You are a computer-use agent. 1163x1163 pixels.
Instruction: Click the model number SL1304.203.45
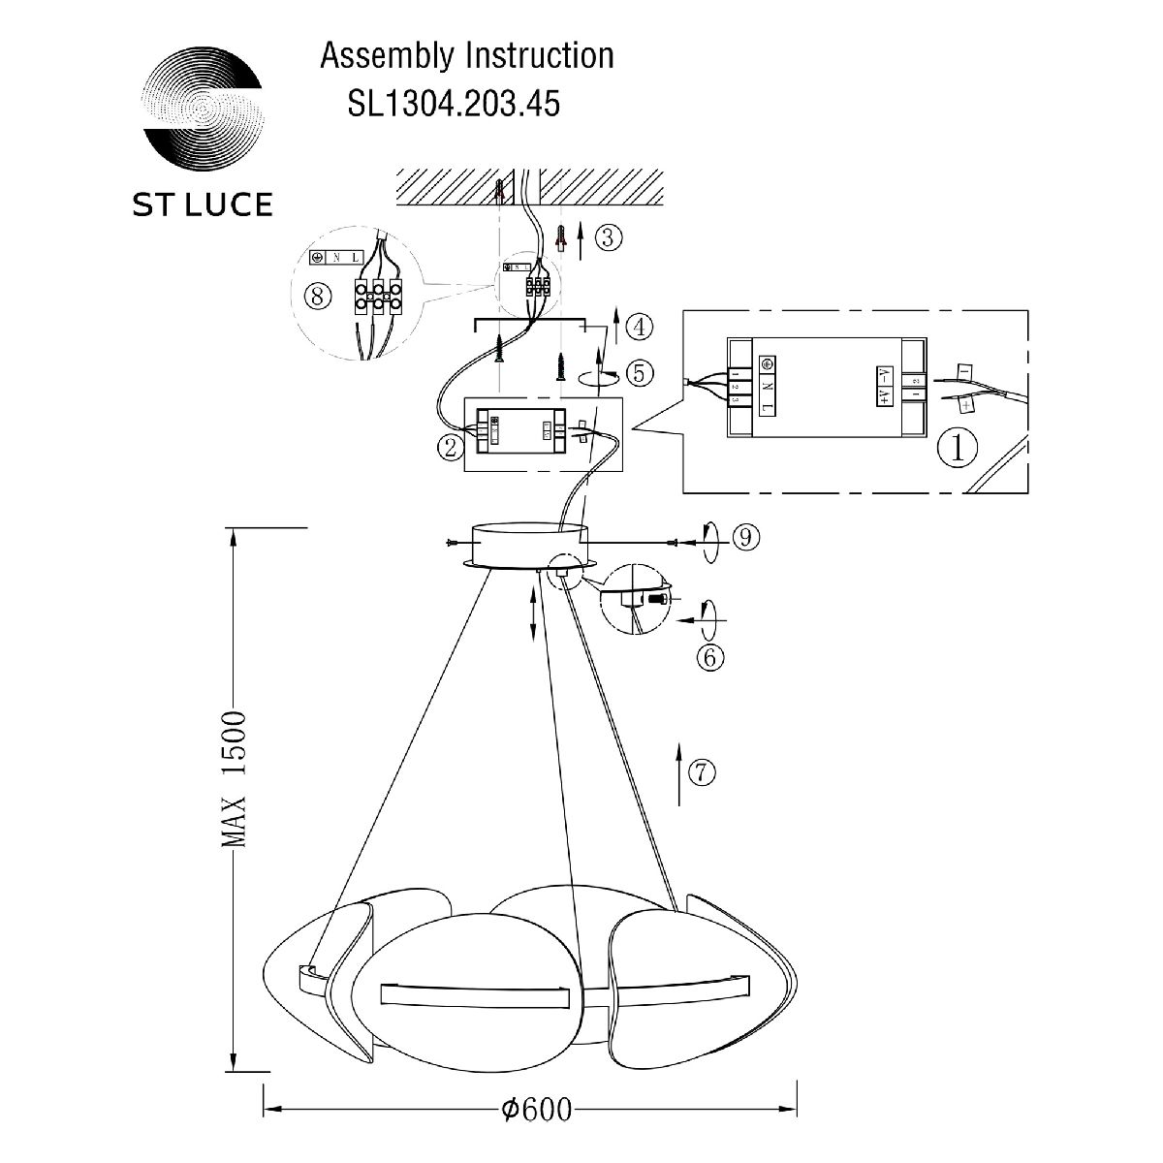coord(454,103)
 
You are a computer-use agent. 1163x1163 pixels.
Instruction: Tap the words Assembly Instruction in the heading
coord(466,56)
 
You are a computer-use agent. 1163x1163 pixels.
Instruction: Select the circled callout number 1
coord(958,447)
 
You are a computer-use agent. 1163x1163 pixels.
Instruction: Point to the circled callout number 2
coord(449,448)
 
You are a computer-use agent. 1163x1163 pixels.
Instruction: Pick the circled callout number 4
coord(638,327)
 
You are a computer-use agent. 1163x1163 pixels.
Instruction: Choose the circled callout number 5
coord(638,372)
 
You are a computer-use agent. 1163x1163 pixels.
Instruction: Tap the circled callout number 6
coord(708,657)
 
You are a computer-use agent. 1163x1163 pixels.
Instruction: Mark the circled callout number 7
coord(702,771)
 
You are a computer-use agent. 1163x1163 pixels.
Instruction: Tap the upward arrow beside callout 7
coord(678,773)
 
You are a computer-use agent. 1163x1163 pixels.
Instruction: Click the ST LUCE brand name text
coord(202,204)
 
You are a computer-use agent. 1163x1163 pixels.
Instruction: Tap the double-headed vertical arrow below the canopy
coord(533,613)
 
